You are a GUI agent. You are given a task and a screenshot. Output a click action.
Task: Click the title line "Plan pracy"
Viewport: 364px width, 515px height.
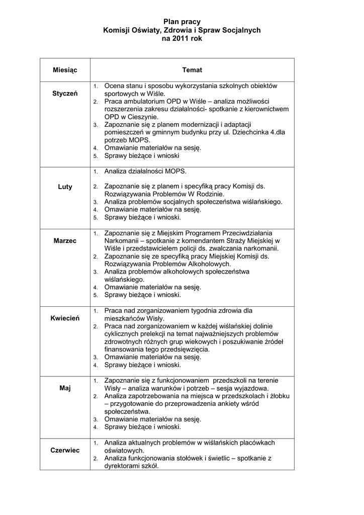pos(182,22)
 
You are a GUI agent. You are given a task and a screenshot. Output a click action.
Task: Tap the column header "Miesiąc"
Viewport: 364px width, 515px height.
pos(65,70)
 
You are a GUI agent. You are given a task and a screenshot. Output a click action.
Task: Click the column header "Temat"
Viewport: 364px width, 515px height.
pos(192,70)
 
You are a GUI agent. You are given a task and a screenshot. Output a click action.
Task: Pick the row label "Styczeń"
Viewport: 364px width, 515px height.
pos(65,94)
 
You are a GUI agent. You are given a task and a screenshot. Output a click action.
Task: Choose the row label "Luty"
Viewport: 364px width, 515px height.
pos(65,187)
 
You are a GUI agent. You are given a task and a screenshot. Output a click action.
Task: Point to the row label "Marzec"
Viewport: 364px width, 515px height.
pos(65,240)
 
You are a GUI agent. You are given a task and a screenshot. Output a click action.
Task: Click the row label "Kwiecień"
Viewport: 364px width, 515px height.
pos(65,318)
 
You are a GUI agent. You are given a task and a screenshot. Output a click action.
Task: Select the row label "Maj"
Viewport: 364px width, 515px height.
pos(65,388)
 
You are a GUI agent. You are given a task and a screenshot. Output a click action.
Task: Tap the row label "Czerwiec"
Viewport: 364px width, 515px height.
pos(65,450)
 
